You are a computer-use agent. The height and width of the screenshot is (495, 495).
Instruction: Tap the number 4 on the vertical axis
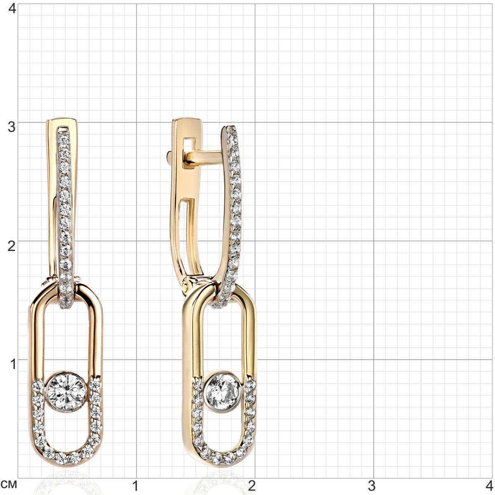[12, 9]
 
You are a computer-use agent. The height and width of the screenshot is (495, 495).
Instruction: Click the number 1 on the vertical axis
[13, 365]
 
